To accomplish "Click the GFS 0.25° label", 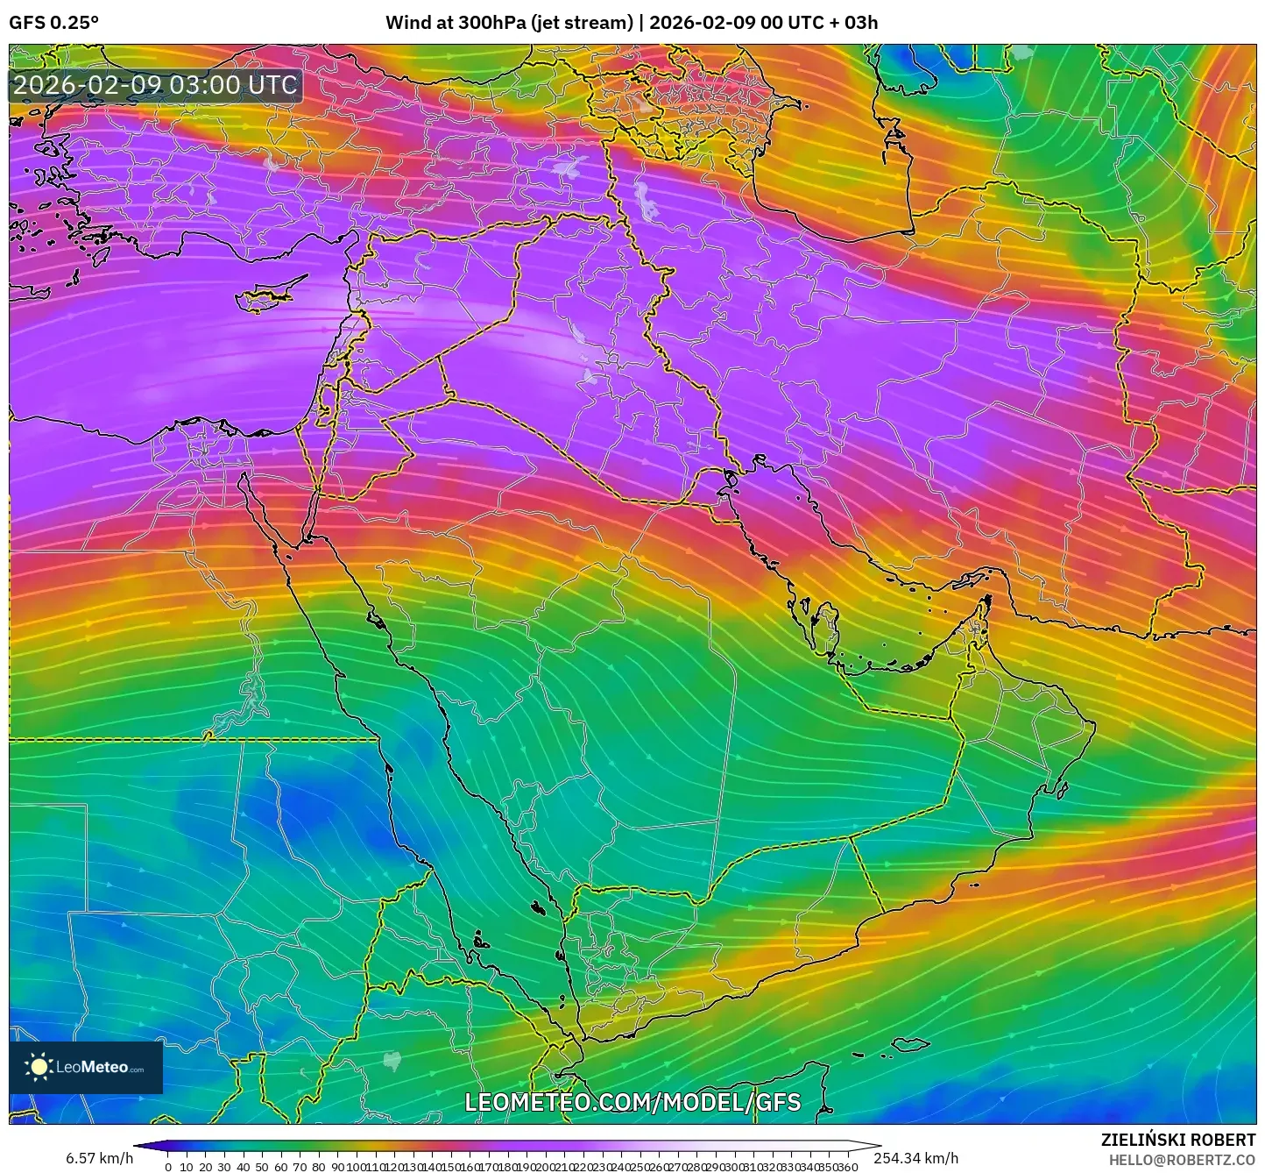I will point(53,23).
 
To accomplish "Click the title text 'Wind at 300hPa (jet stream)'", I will point(509,23).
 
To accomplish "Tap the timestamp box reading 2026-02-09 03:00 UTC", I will point(156,85).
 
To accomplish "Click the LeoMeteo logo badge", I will point(86,1067).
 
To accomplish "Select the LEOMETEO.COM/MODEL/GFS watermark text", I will point(632,1102).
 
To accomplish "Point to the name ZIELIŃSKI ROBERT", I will point(1178,1140).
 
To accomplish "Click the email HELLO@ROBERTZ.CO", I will point(1182,1160).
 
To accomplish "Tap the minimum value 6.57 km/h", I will point(99,1159).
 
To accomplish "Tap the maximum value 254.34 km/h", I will point(915,1159).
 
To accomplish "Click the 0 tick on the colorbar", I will point(168,1166).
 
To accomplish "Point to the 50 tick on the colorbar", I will point(262,1166).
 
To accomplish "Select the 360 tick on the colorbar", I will point(847,1166).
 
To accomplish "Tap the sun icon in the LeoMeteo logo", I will point(39,1066).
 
